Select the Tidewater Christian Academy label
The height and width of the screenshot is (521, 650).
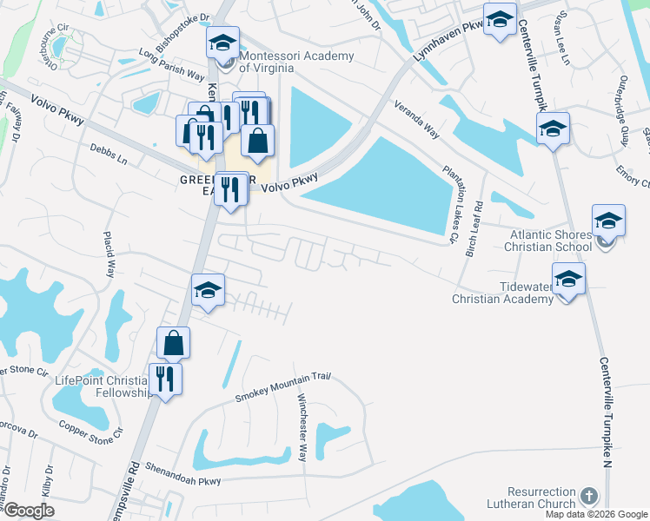(502, 293)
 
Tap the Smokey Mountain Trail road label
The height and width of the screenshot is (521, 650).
(284, 388)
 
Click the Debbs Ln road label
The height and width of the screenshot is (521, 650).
(109, 155)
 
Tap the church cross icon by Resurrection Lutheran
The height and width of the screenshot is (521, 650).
(589, 497)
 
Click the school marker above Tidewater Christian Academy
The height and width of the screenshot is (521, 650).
(568, 279)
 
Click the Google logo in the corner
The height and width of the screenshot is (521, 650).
(29, 511)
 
